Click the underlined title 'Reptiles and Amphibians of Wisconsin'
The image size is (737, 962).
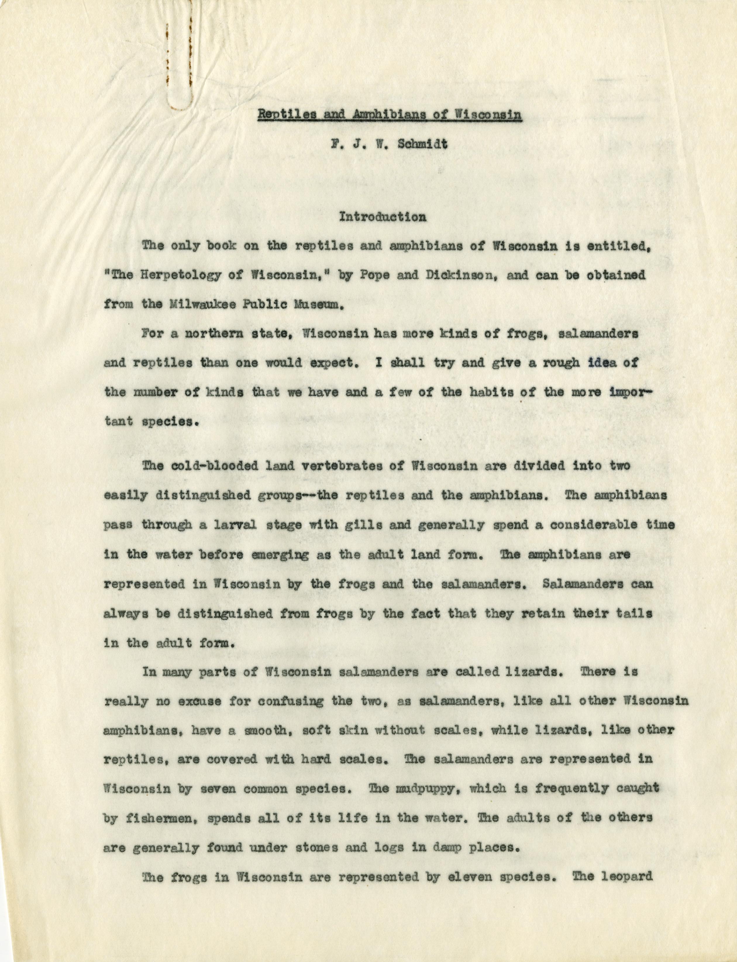point(389,115)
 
